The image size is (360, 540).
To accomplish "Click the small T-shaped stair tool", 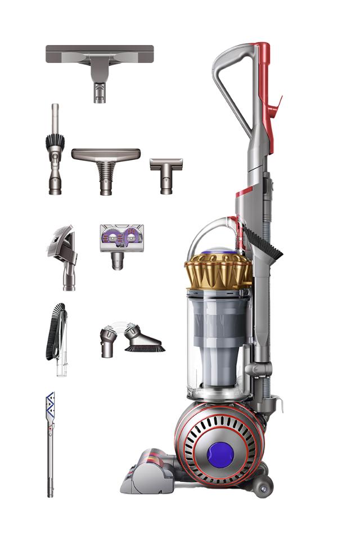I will (166, 172).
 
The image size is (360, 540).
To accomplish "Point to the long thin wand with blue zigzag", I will (51, 444).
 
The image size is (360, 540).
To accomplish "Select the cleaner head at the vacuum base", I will (147, 472).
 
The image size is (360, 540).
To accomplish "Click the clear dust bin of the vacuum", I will (217, 343).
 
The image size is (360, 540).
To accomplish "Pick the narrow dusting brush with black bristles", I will (55, 149).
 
